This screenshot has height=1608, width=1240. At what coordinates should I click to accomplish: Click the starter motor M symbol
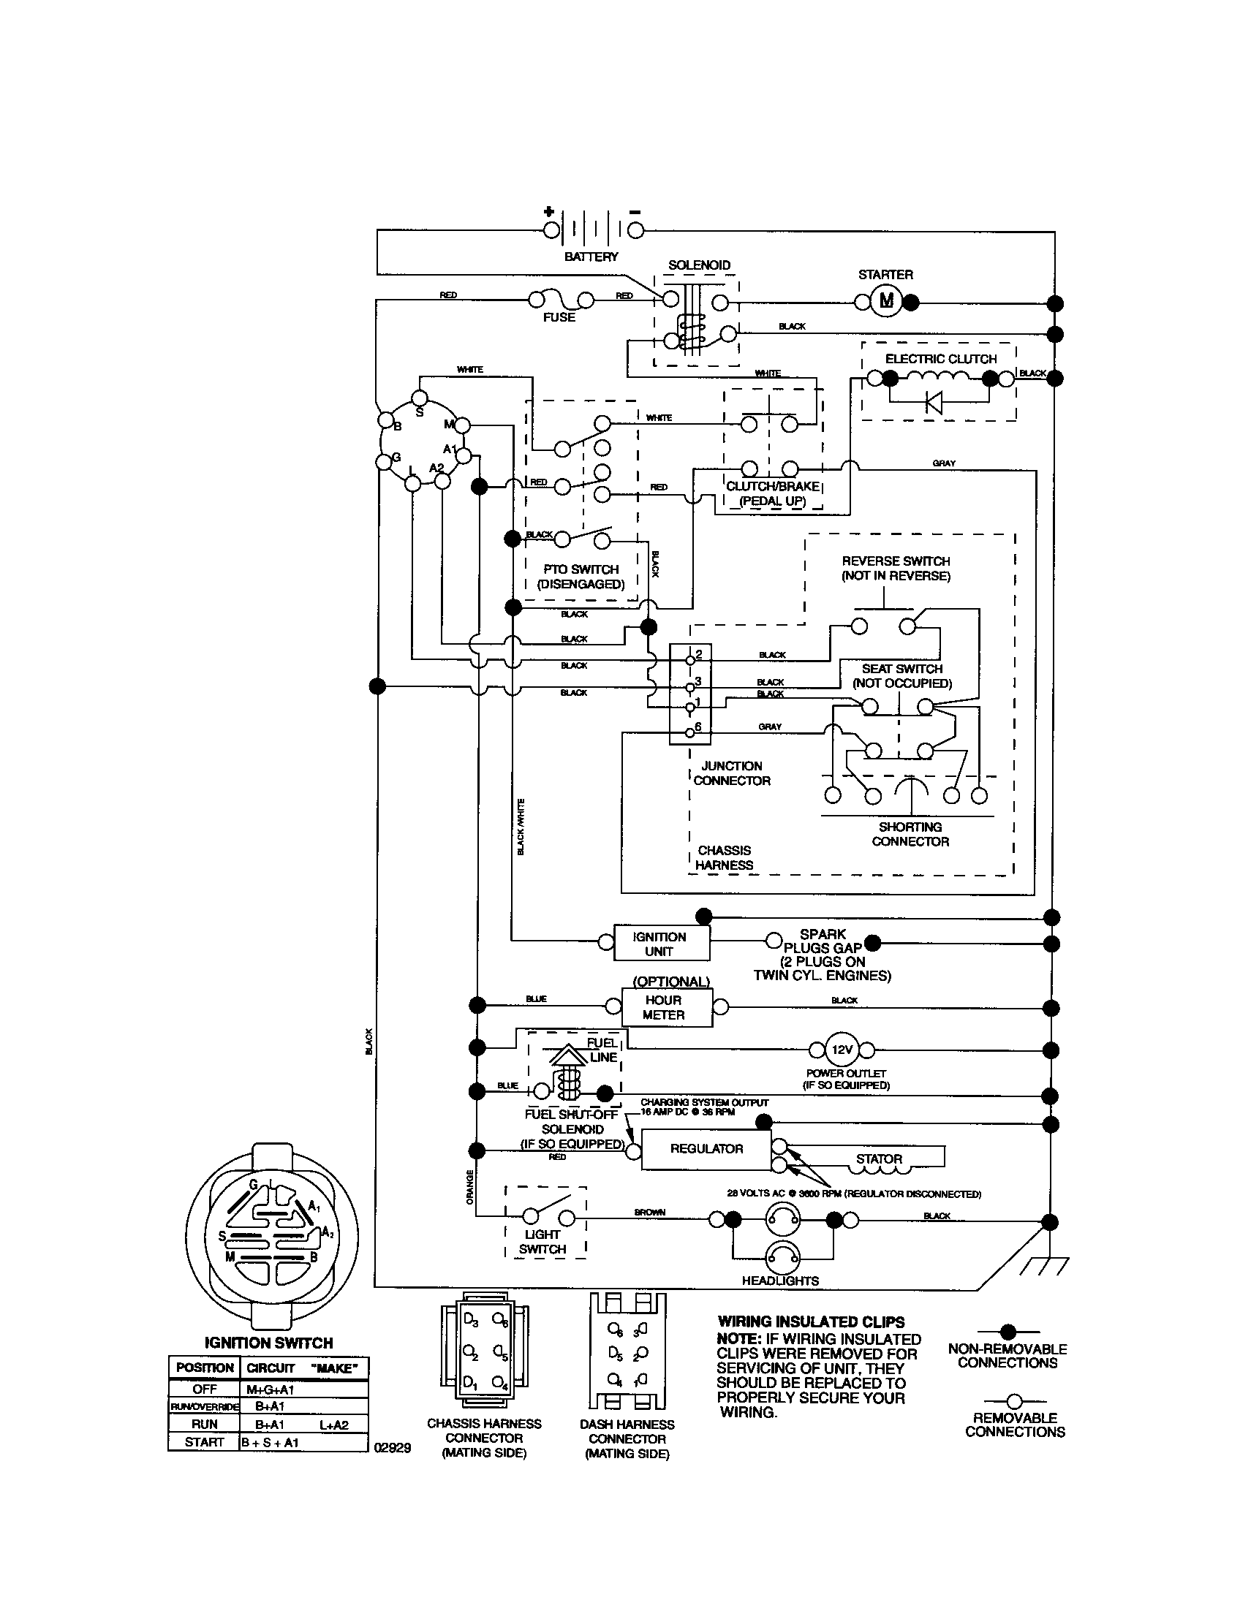point(886,300)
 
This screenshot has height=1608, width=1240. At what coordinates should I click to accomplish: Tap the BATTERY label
point(591,257)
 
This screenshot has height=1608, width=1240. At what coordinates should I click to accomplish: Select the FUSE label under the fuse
point(559,317)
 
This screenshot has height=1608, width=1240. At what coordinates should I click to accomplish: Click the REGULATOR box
point(706,1148)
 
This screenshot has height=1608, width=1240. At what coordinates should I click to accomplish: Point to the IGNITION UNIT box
point(660,944)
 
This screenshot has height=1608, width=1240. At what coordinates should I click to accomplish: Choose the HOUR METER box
point(665,1007)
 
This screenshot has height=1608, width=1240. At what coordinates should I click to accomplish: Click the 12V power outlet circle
point(842,1049)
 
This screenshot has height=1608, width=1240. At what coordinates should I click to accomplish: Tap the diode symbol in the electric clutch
point(934,402)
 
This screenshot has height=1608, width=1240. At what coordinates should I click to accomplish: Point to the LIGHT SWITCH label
point(542,1241)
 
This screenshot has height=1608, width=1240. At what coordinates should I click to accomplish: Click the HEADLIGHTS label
point(780,1281)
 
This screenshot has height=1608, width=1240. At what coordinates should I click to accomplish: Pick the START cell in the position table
point(204,1441)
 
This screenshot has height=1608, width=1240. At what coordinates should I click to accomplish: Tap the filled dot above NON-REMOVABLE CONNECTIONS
point(1008,1331)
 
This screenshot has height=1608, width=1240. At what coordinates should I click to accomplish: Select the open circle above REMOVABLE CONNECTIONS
point(1014,1400)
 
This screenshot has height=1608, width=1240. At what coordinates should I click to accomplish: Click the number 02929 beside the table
point(393,1446)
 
